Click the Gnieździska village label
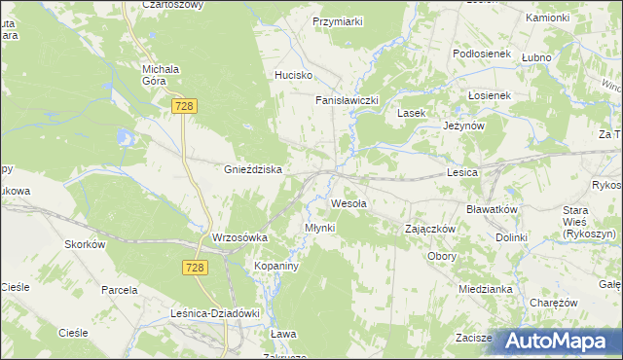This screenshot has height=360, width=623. pos(253,169)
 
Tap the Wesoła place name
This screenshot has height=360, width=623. pos(349,203)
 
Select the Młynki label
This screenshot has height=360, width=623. pos(319,228)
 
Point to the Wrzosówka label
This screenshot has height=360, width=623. pos(238,237)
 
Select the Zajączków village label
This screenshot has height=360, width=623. pos(431,229)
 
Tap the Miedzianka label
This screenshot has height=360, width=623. pos(486,289)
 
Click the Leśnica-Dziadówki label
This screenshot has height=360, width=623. pos(215,313)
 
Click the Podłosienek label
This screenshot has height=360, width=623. pos(482,54)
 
